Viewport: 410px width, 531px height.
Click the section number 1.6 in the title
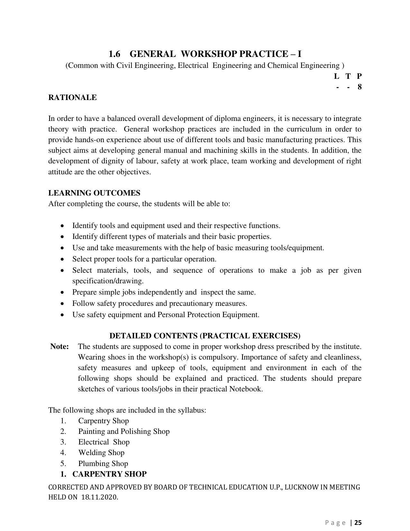tap(114, 54)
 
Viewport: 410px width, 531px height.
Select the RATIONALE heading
tap(72, 97)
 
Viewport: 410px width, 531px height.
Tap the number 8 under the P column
tap(360, 87)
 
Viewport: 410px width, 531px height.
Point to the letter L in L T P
tap(337, 76)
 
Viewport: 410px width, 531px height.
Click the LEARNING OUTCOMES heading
tap(94, 193)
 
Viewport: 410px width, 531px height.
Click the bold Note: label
tap(59, 347)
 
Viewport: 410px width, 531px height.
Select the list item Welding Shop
tap(101, 453)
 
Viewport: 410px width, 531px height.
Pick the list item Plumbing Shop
tap(103, 463)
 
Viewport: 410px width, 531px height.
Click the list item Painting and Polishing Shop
tap(124, 432)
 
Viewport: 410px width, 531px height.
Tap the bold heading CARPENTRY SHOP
tap(109, 474)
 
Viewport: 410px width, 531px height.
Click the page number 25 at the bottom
tap(358, 523)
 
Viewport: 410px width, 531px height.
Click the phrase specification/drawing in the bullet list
tap(108, 281)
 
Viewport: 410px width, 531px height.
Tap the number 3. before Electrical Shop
tap(63, 442)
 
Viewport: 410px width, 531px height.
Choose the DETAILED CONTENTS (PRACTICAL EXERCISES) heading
tap(205, 336)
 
